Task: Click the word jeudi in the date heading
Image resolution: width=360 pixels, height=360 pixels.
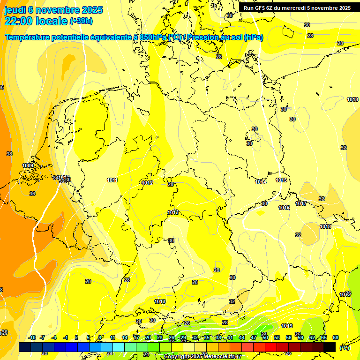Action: [x=15, y=10]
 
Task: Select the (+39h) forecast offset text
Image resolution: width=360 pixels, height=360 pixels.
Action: [x=81, y=21]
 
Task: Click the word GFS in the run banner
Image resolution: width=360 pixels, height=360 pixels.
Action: [x=262, y=8]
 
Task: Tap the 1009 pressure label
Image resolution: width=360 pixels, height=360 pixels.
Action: [x=28, y=165]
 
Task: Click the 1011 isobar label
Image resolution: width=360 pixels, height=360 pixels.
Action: [x=112, y=180]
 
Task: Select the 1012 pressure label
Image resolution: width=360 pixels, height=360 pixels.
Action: [x=148, y=183]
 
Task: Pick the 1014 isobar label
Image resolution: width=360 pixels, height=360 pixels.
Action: [x=261, y=182]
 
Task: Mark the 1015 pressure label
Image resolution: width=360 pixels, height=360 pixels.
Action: [x=281, y=180]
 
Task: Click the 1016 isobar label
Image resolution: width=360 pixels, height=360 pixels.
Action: [x=284, y=208]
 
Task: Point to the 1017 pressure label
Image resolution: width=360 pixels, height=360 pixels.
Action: [x=301, y=203]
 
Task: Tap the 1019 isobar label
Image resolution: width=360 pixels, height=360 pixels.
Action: [x=287, y=326]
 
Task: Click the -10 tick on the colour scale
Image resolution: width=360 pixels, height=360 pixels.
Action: [x=32, y=337]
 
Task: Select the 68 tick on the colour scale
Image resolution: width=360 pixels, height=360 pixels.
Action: [x=336, y=337]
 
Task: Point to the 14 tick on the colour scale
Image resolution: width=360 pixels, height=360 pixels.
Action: [x=125, y=337]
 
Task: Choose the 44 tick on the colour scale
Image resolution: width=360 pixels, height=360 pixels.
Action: [x=242, y=337]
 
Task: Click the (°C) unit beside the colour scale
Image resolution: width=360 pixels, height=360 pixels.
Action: [x=344, y=348]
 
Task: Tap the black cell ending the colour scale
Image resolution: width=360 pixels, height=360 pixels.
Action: [x=330, y=347]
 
